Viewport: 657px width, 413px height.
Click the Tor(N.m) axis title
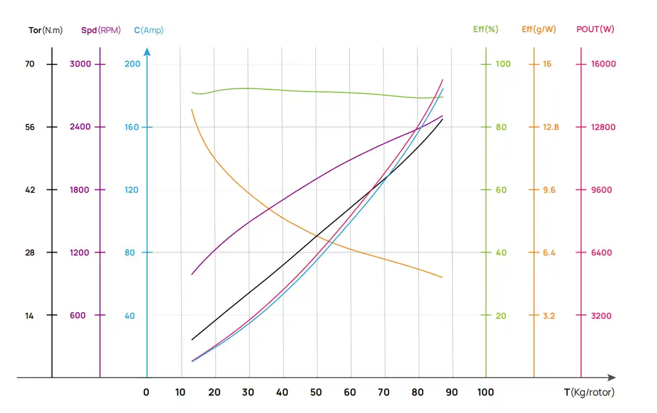coord(45,30)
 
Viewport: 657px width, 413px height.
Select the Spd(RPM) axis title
coord(101,30)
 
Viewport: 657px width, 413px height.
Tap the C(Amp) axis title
coord(149,30)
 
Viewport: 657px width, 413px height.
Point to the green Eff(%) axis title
coord(486,29)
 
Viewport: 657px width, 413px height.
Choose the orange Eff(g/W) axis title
coord(538,29)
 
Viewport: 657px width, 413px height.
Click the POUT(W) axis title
coord(595,29)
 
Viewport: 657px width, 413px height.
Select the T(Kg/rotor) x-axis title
coord(589,392)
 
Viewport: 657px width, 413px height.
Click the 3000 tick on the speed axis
coord(80,64)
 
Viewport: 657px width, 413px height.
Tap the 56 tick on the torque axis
coord(30,127)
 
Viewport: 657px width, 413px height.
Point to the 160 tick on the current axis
coord(133,127)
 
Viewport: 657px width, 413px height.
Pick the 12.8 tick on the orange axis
coord(550,127)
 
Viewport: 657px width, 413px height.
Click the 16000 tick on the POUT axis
coord(603,64)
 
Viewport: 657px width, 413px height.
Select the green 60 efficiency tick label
coord(501,190)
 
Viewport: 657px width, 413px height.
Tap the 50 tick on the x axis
coord(317,392)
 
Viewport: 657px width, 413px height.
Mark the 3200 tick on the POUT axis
coord(602,316)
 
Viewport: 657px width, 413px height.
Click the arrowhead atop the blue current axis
coord(147,53)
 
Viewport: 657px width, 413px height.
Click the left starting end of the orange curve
coord(192,110)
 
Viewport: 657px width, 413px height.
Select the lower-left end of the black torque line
coord(192,340)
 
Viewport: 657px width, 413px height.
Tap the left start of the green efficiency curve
coord(192,92)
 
